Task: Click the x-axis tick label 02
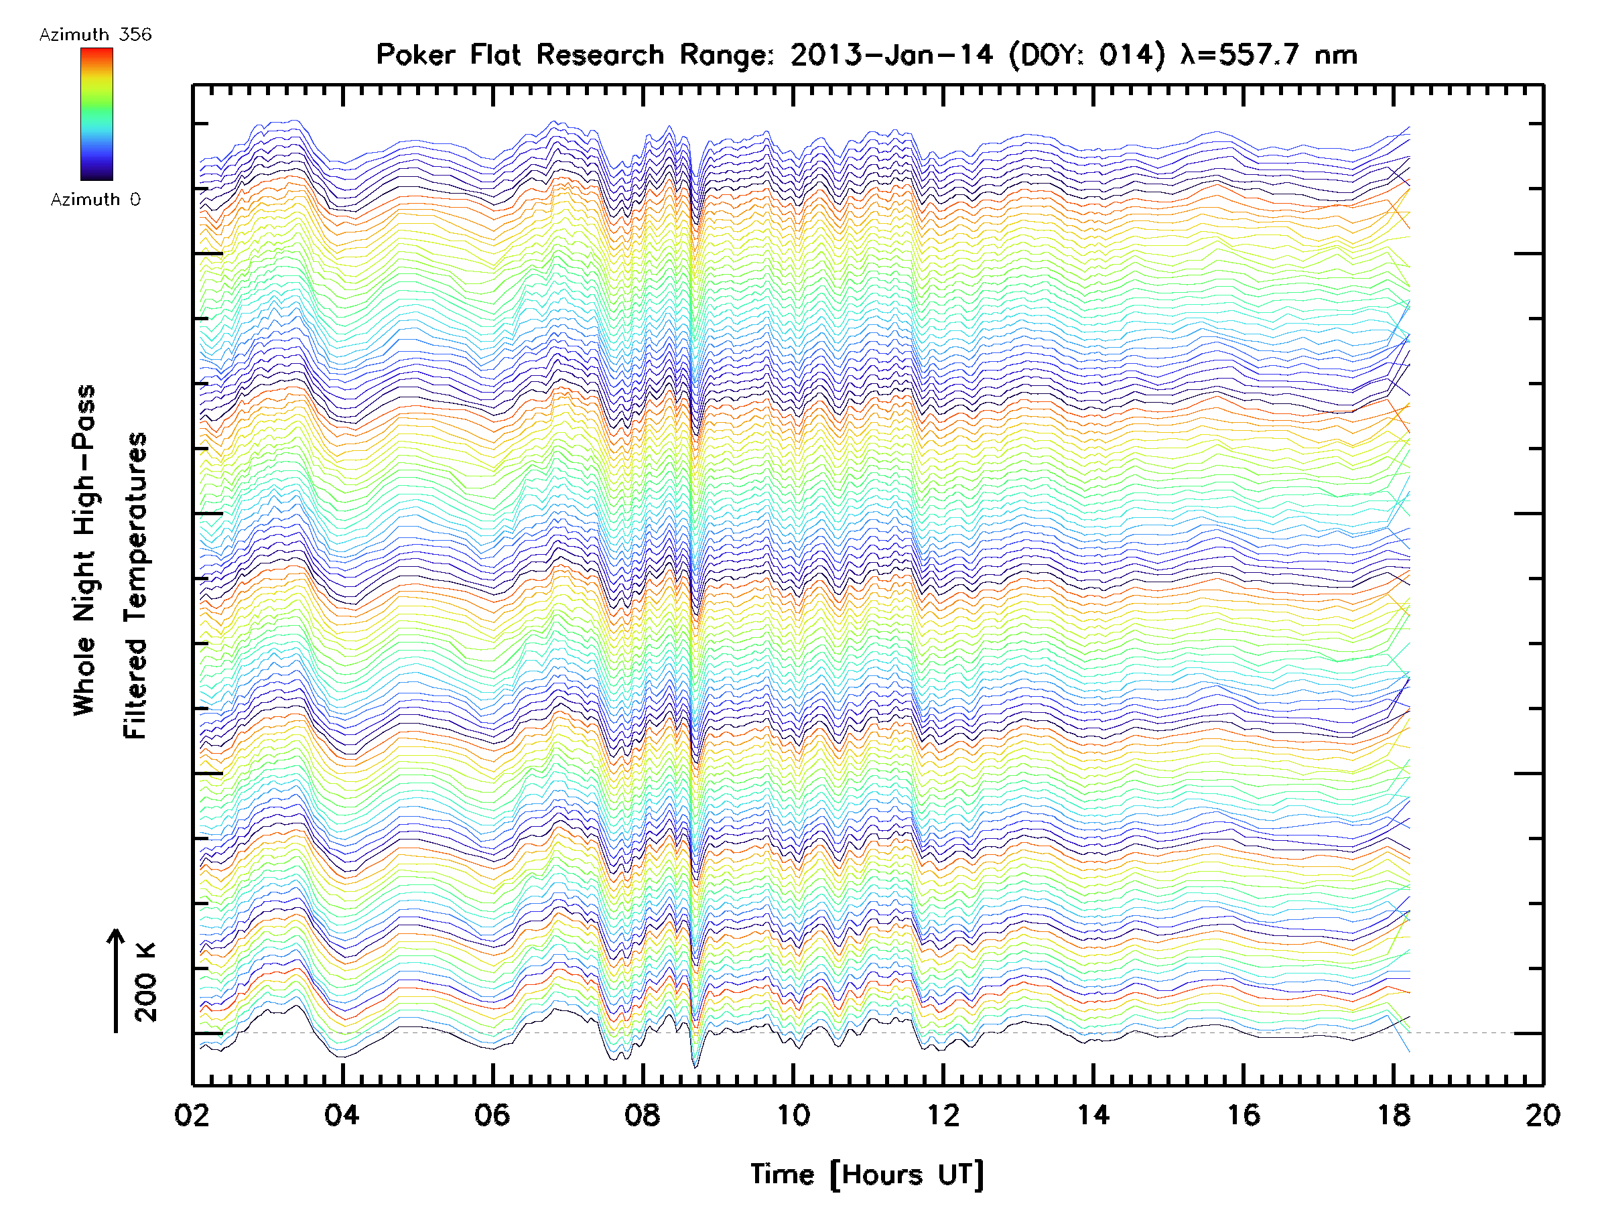192,1115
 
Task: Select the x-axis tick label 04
342,1115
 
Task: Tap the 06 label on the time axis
492,1115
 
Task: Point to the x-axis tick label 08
643,1115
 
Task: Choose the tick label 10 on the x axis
793,1115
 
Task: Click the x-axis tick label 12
943,1115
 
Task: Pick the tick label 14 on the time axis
1093,1115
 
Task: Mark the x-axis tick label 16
1244,1115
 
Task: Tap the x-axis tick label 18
1394,1115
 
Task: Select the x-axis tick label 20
1543,1115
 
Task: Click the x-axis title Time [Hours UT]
866,1175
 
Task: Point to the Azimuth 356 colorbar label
95,35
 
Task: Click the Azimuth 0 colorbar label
95,199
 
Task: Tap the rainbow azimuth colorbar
96,114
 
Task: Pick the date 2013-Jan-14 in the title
891,55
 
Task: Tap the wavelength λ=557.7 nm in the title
1268,55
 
